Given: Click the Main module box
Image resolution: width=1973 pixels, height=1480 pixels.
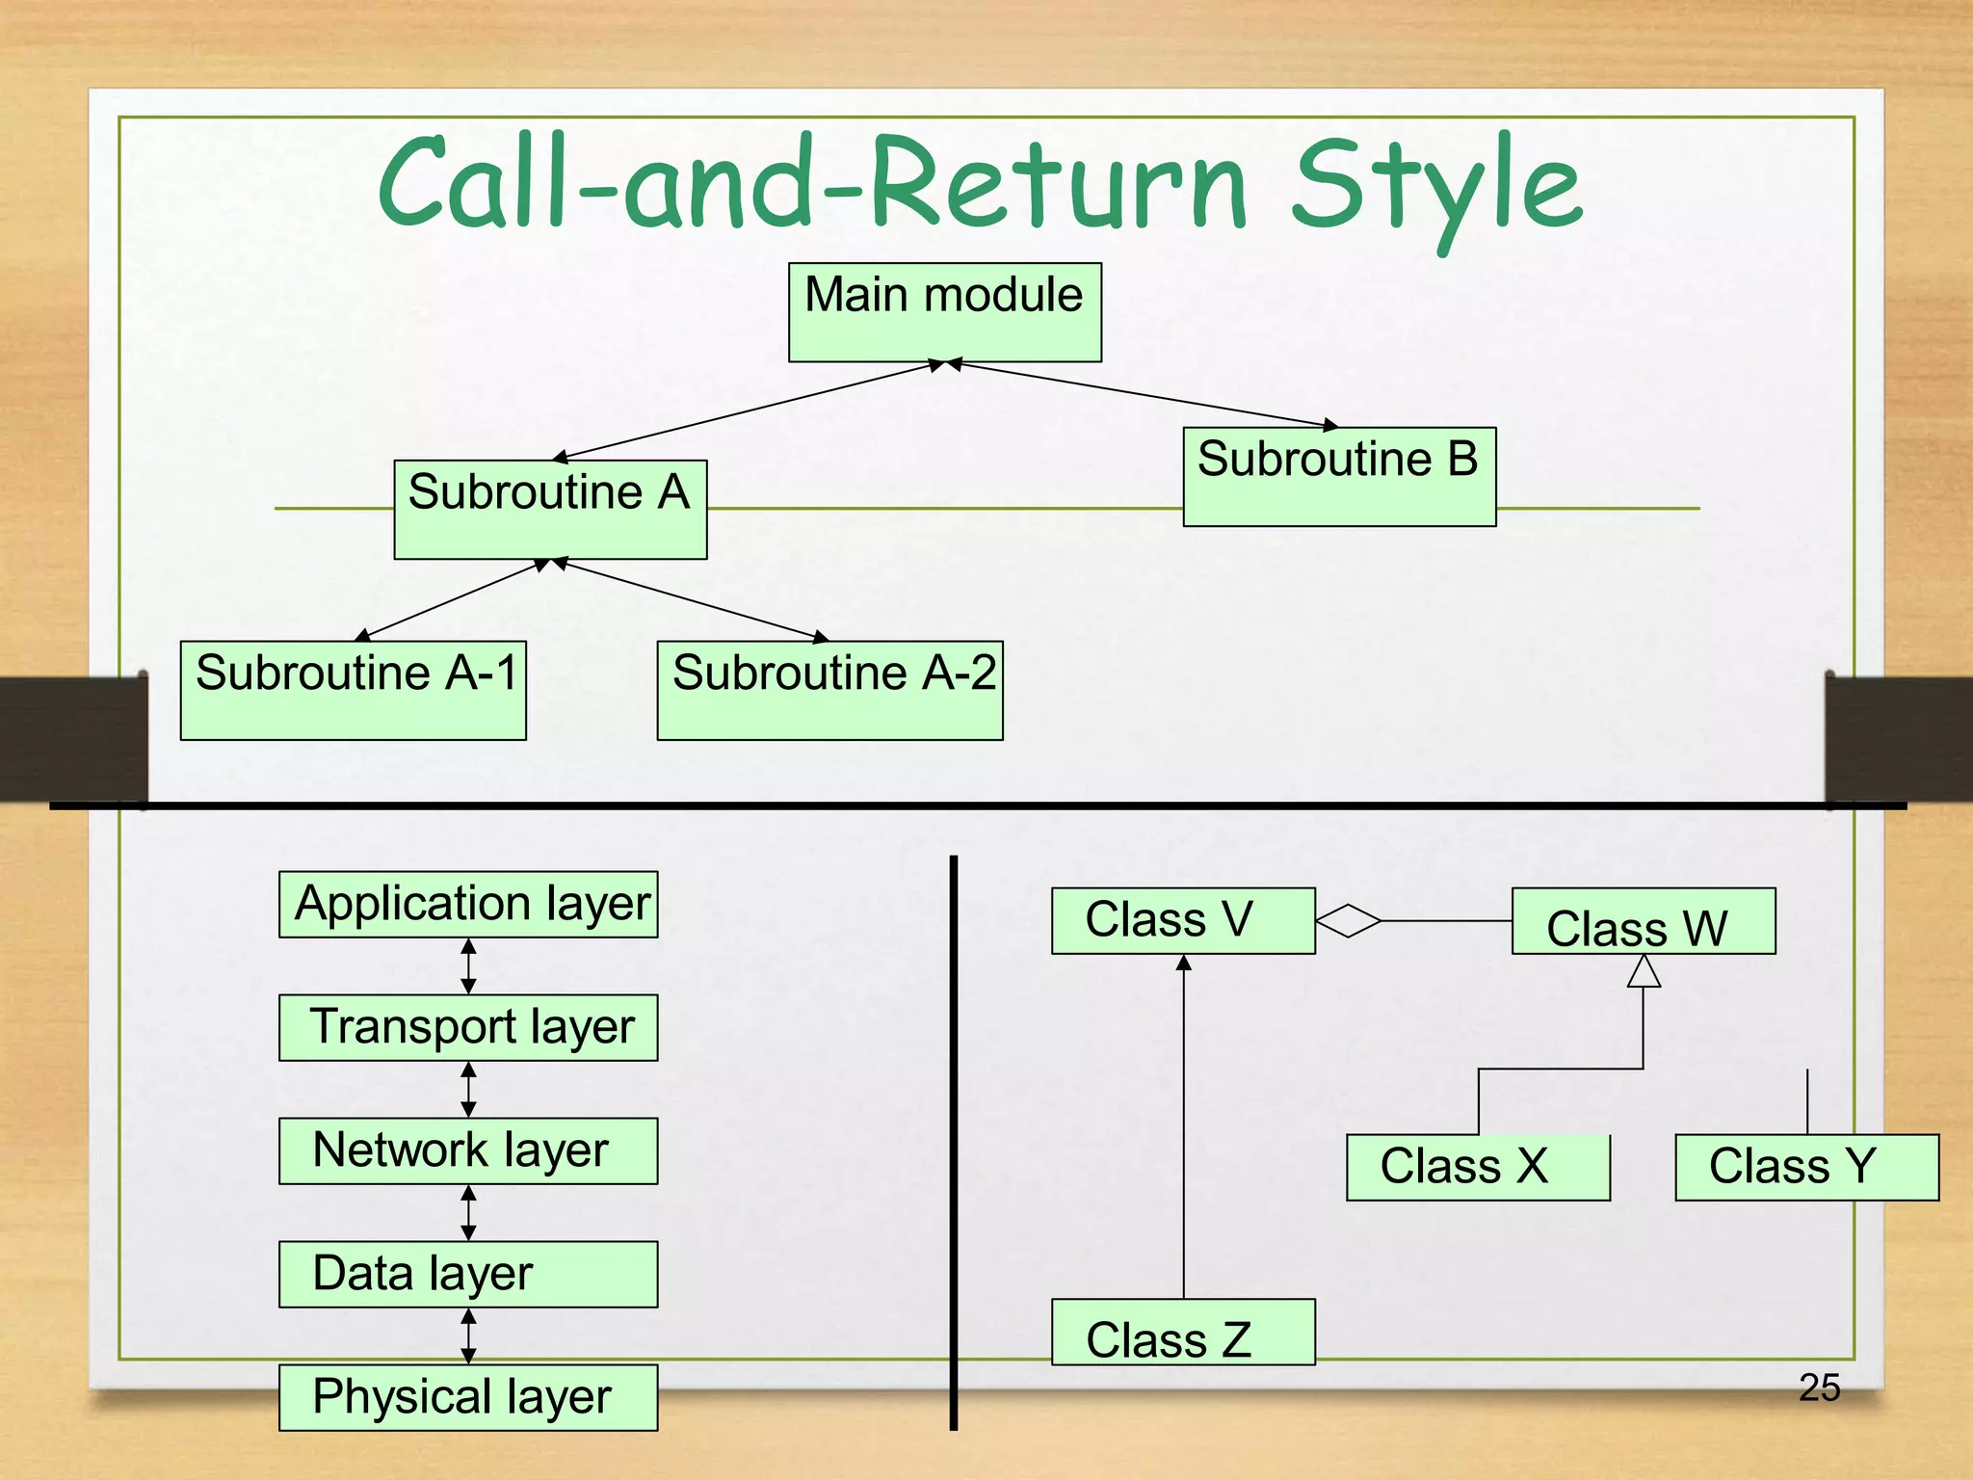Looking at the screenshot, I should click(x=944, y=312).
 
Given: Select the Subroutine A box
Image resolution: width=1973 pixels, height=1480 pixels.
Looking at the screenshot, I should click(x=550, y=509).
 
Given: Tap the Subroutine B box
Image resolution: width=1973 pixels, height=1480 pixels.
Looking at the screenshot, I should click(x=1339, y=476).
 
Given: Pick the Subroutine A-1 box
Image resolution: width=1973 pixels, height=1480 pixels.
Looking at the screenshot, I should click(x=354, y=690).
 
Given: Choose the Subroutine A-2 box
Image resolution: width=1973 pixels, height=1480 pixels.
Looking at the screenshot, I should click(x=829, y=690).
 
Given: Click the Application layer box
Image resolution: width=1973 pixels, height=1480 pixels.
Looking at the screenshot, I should click(x=468, y=905).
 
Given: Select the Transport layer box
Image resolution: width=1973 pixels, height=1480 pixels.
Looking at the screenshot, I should click(x=468, y=1027).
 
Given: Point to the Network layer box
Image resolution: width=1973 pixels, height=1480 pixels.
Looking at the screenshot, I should click(x=468, y=1150).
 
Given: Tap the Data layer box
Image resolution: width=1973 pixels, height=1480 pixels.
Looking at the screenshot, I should click(x=468, y=1274).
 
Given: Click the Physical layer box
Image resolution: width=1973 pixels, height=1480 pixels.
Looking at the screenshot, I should click(x=468, y=1397).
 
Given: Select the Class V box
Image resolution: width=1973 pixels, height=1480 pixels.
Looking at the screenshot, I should click(x=1183, y=920).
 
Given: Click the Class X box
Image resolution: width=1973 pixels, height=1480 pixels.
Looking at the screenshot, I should click(x=1478, y=1167).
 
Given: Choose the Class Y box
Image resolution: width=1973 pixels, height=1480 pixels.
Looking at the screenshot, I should click(x=1806, y=1167).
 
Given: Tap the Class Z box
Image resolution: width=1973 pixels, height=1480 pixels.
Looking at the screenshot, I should click(x=1183, y=1333).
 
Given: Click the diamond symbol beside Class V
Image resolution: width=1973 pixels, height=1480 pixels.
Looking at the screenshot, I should click(x=1349, y=921).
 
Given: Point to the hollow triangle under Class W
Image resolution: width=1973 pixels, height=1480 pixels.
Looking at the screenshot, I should click(x=1644, y=972).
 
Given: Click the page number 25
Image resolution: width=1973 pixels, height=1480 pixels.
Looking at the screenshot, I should click(x=1819, y=1387).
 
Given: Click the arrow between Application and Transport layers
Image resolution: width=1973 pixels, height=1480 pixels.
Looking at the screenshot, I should click(x=468, y=965).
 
